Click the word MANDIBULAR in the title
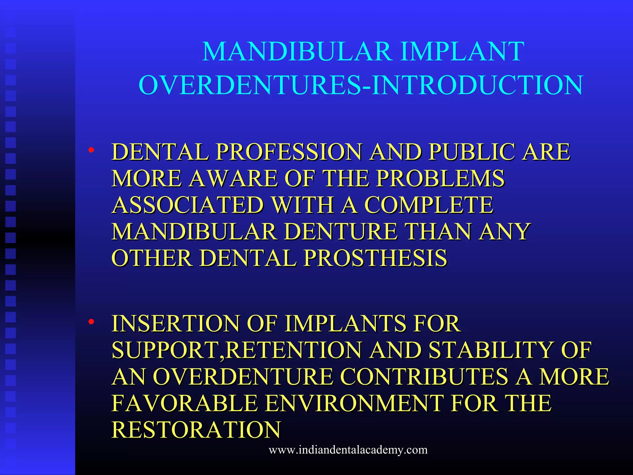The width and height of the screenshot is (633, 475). tap(297, 51)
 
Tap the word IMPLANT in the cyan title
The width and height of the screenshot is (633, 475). tap(462, 51)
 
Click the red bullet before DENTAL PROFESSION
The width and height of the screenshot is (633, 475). tap(91, 150)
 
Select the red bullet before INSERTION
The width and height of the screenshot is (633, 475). tap(91, 322)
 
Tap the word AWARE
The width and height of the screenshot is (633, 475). tap(233, 178)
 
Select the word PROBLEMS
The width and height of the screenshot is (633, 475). tap(440, 178)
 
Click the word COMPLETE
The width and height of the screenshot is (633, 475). tap(429, 205)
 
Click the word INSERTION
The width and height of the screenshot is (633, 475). tap(175, 323)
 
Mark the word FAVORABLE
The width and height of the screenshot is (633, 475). tap(185, 403)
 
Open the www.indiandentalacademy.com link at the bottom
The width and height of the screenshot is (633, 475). tap(348, 450)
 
